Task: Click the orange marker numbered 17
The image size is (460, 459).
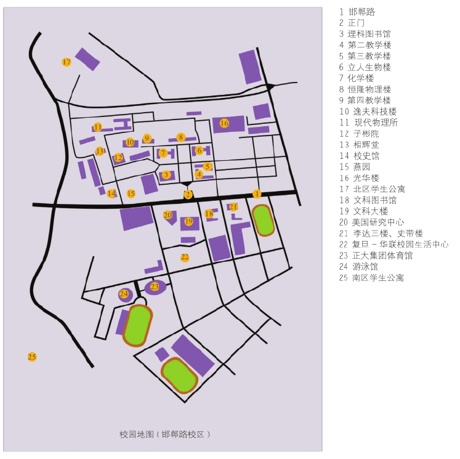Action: (67, 62)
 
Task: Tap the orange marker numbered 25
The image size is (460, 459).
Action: (32, 357)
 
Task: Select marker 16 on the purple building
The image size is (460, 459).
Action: (224, 123)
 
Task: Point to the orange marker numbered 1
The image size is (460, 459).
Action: (257, 194)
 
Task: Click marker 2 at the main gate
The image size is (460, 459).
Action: (188, 195)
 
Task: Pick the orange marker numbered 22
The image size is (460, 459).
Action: (185, 257)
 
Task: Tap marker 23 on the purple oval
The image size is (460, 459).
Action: (155, 286)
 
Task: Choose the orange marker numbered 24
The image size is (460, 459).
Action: (124, 294)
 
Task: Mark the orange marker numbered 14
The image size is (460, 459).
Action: (111, 193)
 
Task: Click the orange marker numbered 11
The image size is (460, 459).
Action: (98, 127)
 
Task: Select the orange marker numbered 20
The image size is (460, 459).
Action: (167, 215)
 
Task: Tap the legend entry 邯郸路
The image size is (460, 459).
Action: (361, 12)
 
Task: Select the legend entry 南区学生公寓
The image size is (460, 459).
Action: (376, 278)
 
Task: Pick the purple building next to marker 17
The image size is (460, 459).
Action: (87, 59)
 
